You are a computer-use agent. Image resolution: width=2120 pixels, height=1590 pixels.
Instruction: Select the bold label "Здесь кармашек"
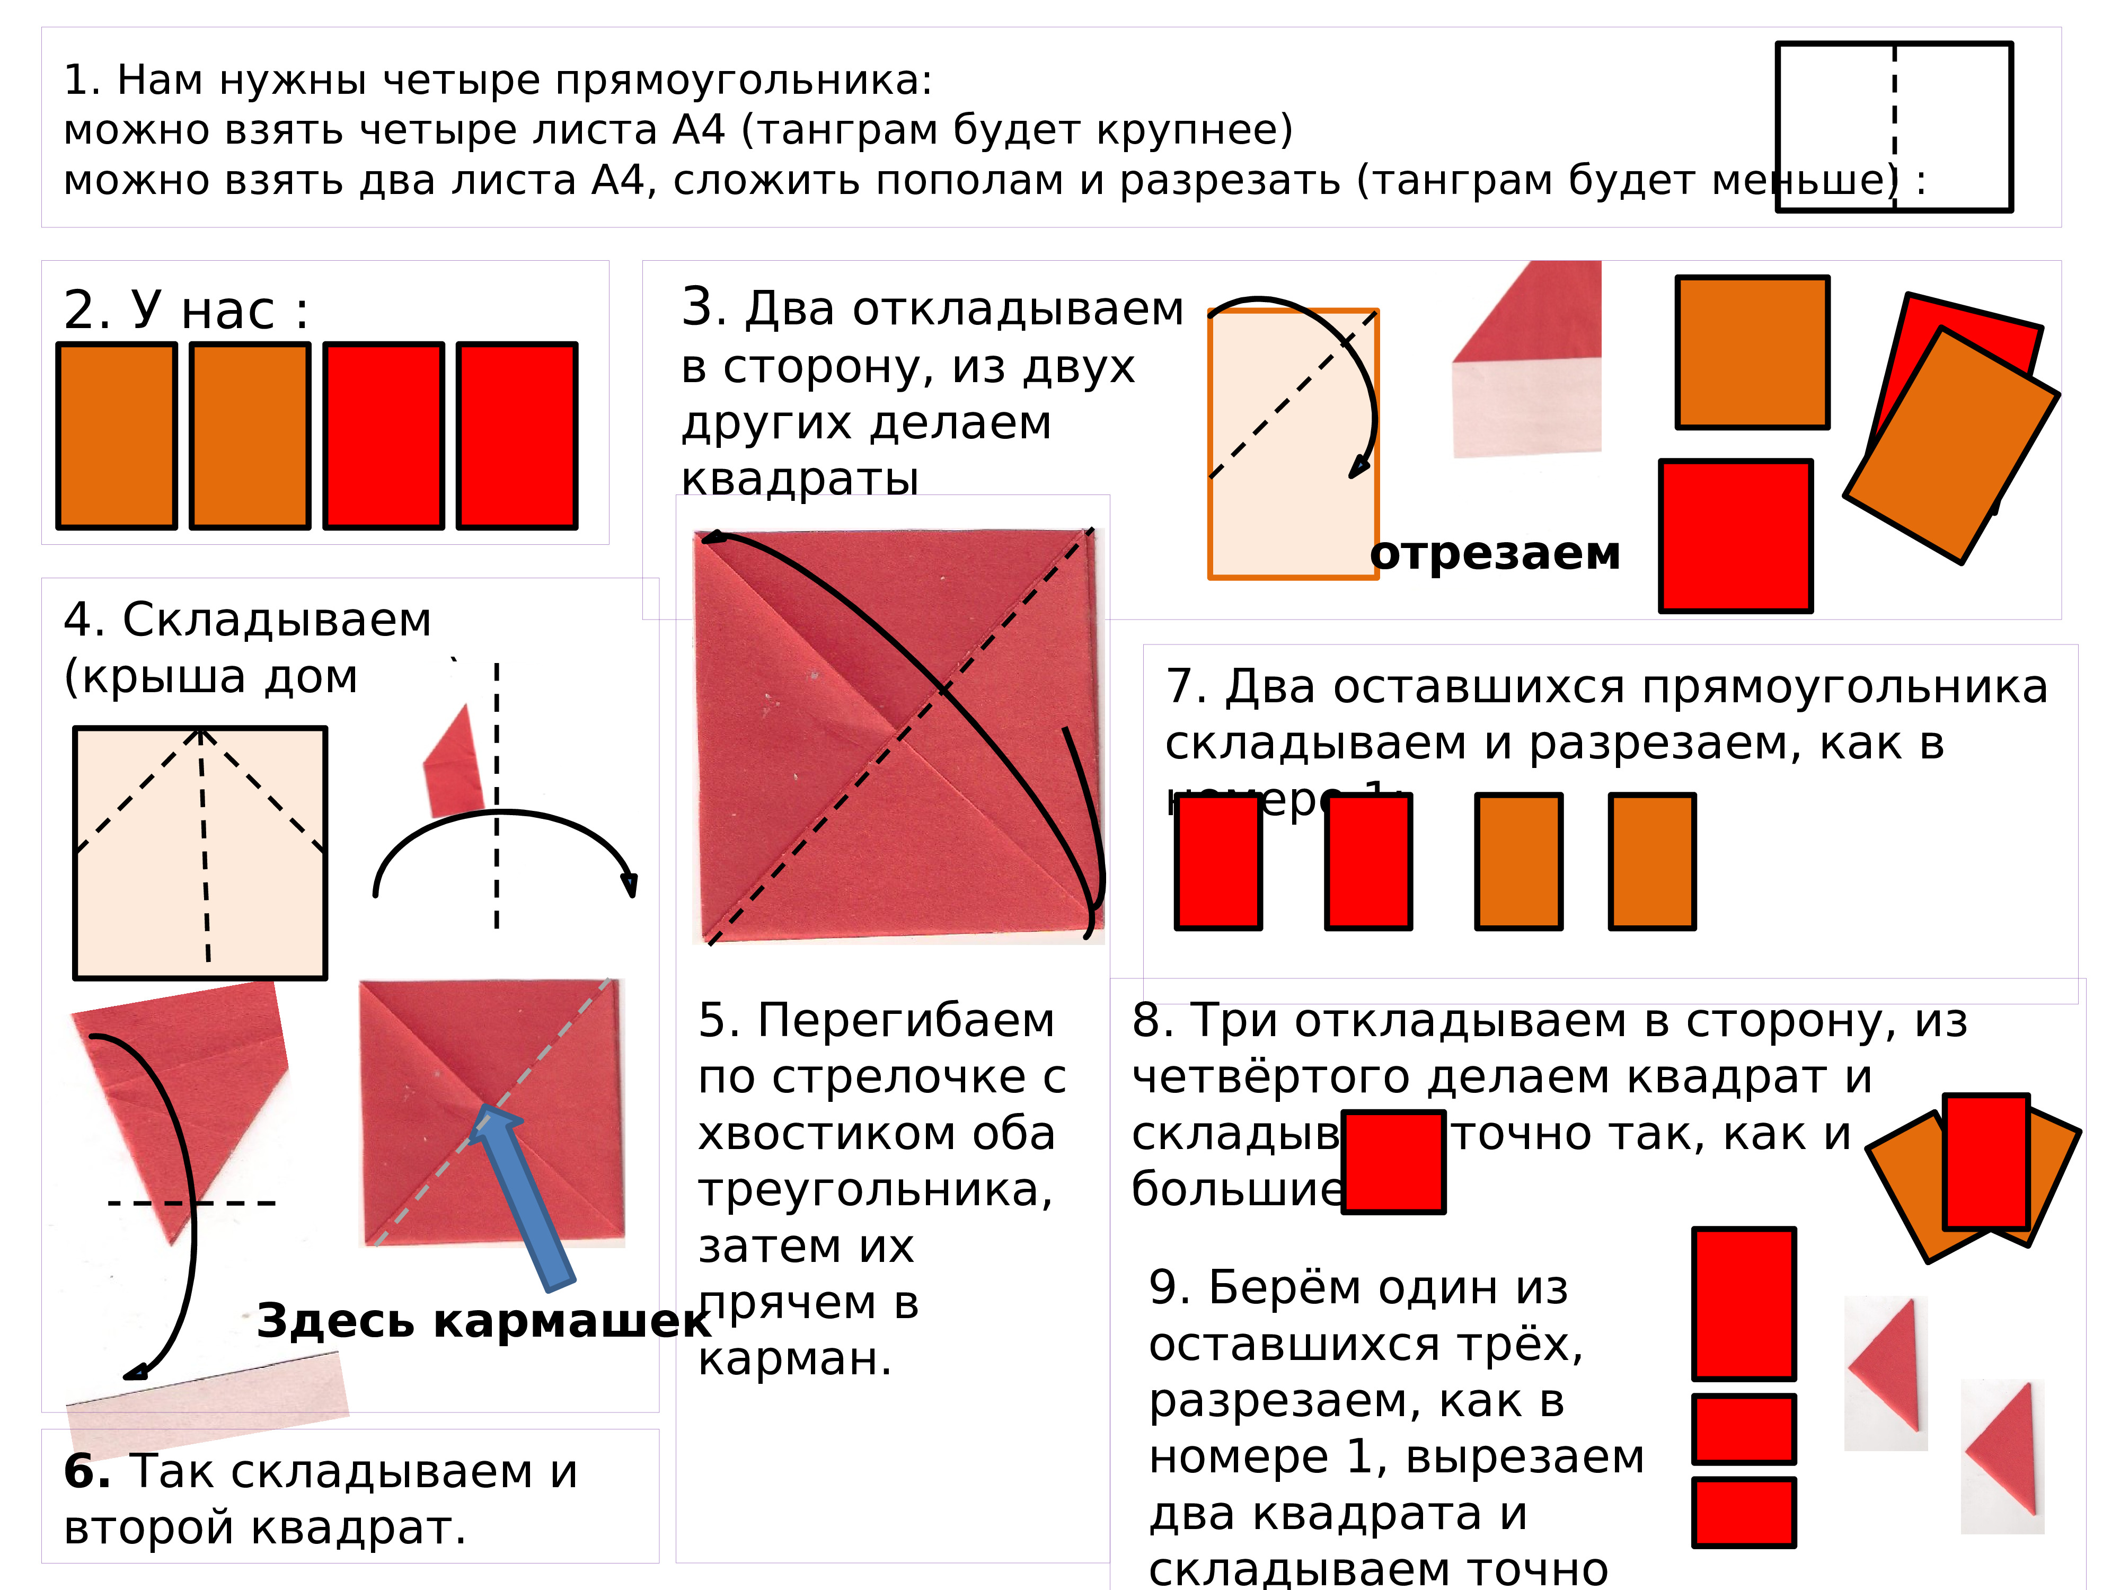click(x=484, y=1321)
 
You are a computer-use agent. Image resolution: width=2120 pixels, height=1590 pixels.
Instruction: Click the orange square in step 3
click(x=1752, y=352)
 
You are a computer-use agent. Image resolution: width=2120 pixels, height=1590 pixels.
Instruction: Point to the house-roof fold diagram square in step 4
click(x=200, y=853)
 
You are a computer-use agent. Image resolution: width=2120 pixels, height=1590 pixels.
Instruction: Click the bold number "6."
click(x=87, y=1472)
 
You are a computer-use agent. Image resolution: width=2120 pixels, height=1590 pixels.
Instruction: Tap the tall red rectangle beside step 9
click(x=1743, y=1303)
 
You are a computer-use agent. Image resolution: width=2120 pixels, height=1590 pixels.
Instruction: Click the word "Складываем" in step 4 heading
click(x=277, y=620)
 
